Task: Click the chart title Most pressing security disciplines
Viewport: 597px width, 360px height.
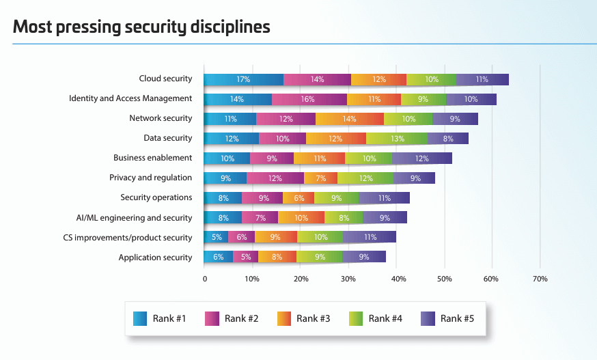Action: click(x=141, y=27)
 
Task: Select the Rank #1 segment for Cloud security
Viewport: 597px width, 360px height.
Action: click(x=243, y=79)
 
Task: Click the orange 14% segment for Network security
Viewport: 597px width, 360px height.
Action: click(x=350, y=119)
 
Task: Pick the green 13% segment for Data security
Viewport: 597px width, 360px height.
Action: click(x=397, y=139)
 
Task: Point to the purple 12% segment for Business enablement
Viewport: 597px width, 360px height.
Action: click(x=421, y=158)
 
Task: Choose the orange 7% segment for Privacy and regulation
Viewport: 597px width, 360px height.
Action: click(x=320, y=178)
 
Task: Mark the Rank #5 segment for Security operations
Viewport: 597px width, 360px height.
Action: click(x=384, y=198)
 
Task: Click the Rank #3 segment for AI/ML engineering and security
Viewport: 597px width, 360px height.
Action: click(x=301, y=218)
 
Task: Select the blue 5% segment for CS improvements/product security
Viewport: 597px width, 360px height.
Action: click(x=216, y=238)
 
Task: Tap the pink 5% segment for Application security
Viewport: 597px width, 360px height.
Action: click(x=246, y=258)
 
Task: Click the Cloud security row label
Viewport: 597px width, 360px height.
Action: click(x=165, y=79)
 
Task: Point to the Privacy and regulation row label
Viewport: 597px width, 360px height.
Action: click(x=150, y=178)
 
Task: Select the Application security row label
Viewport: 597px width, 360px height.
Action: click(x=155, y=258)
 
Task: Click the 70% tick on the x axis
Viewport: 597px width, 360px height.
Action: click(x=540, y=279)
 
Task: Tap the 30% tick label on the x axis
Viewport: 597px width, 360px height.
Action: click(x=348, y=279)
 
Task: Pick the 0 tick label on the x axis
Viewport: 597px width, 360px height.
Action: click(x=204, y=279)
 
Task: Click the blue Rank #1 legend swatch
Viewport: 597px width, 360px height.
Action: click(x=140, y=318)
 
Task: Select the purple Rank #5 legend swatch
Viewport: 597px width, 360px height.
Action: click(x=428, y=318)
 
